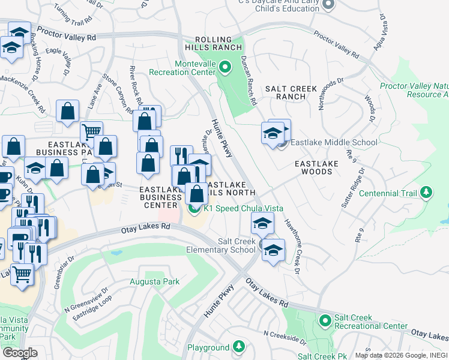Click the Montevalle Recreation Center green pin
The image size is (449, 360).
(x=225, y=67)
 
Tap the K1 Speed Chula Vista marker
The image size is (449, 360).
(x=194, y=209)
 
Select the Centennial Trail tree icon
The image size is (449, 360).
(x=426, y=193)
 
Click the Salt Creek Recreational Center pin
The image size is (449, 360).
(x=325, y=321)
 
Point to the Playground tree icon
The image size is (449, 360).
(x=239, y=347)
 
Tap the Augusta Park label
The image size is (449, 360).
(x=155, y=281)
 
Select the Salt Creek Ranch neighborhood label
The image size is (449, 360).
(x=291, y=92)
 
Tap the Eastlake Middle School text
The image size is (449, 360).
(x=334, y=142)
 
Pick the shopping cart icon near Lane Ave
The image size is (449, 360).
(x=91, y=131)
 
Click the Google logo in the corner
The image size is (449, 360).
(x=19, y=352)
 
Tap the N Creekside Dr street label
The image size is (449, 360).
(x=285, y=337)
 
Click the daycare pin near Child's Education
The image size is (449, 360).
(x=328, y=5)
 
